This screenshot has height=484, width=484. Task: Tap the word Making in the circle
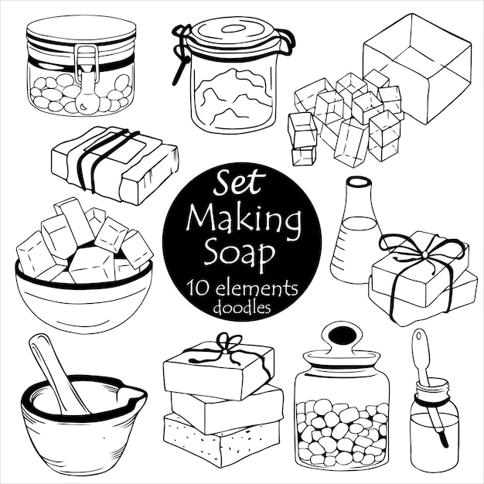point(243,220)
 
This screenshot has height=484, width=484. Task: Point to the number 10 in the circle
point(196,288)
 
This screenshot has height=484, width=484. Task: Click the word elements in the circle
point(259,287)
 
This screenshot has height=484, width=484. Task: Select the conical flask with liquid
point(356,232)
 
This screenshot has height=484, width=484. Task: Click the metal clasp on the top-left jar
point(87,77)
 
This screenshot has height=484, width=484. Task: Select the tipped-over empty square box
point(418,66)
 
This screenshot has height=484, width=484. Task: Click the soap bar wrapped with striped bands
point(116,162)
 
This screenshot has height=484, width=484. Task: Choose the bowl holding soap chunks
point(84,298)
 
